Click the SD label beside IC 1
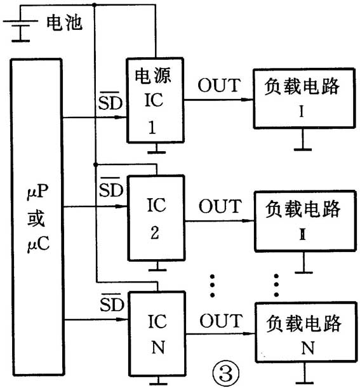click(110, 102)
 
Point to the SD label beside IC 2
click(110, 189)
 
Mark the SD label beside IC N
click(110, 302)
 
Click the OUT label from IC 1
click(220, 84)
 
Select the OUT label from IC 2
click(220, 206)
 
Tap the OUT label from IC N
click(220, 320)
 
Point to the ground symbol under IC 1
click(156, 151)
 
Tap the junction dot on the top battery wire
click(95, 5)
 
